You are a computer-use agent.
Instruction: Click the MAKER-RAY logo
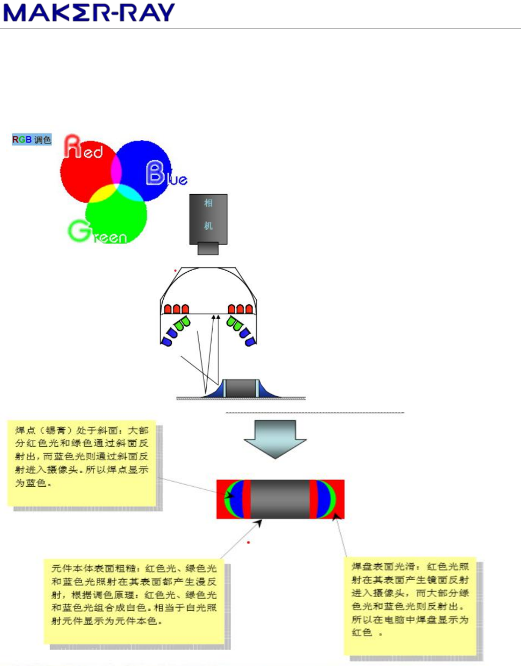click(x=89, y=12)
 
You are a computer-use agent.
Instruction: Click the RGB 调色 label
click(x=32, y=139)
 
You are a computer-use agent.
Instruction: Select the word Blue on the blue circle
click(x=166, y=174)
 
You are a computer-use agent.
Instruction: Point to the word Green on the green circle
click(x=97, y=232)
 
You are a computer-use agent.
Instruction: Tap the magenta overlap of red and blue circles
click(x=116, y=170)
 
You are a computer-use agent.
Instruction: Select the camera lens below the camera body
click(x=208, y=248)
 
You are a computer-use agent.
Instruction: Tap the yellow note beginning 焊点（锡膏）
click(x=82, y=463)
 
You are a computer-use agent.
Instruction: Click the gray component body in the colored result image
click(x=280, y=499)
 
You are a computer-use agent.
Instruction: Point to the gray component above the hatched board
click(x=241, y=388)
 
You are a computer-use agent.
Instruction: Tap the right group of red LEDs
click(x=240, y=309)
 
